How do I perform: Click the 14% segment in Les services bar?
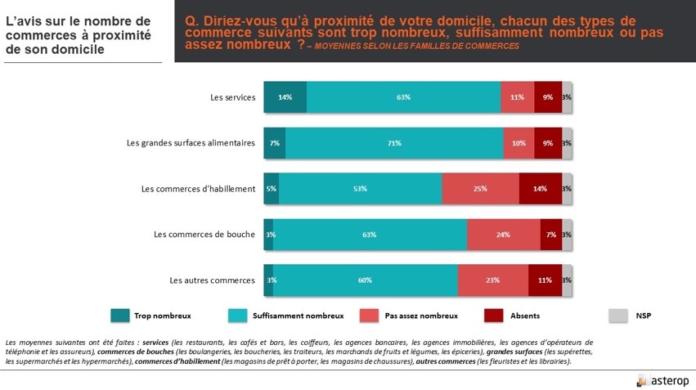click(285, 96)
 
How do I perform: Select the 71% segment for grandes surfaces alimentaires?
click(394, 143)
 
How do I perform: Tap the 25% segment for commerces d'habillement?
click(480, 189)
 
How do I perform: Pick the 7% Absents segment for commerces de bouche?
click(550, 235)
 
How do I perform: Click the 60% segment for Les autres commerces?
click(365, 280)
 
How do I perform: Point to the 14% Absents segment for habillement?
click(540, 189)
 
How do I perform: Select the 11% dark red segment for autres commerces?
click(545, 280)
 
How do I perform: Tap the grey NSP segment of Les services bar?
click(567, 96)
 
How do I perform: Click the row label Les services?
click(232, 97)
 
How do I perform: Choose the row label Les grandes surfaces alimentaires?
click(191, 143)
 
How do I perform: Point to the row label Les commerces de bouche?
click(204, 235)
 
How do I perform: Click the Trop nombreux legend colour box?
click(119, 316)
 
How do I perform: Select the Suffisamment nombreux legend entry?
click(298, 316)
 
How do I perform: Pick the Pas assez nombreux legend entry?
click(420, 316)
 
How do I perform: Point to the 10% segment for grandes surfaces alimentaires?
click(519, 143)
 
